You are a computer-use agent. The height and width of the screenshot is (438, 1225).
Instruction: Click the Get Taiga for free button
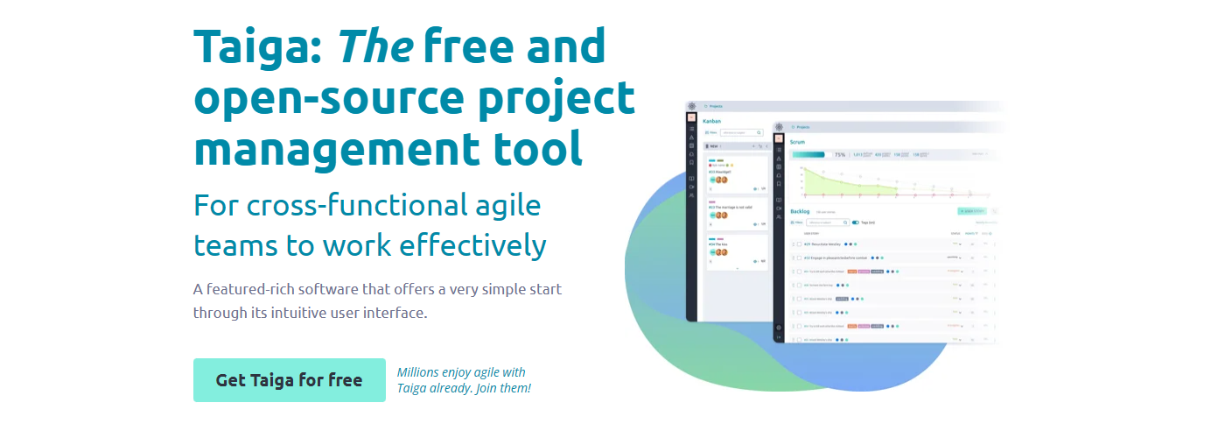[289, 380]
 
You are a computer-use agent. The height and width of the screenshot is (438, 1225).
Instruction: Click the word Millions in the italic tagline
[421, 372]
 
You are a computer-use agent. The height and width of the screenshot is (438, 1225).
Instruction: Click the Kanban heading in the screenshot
[712, 121]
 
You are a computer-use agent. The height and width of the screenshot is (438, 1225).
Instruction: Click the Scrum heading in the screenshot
[798, 141]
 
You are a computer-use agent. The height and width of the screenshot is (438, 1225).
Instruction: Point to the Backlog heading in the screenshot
[801, 211]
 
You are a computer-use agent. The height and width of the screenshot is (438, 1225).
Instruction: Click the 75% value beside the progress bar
[839, 155]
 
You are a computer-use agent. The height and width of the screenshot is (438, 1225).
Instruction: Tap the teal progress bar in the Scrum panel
[808, 155]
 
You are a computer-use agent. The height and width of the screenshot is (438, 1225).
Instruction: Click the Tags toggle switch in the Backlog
[856, 223]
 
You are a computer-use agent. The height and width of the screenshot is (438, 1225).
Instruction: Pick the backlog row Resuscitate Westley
[822, 244]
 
